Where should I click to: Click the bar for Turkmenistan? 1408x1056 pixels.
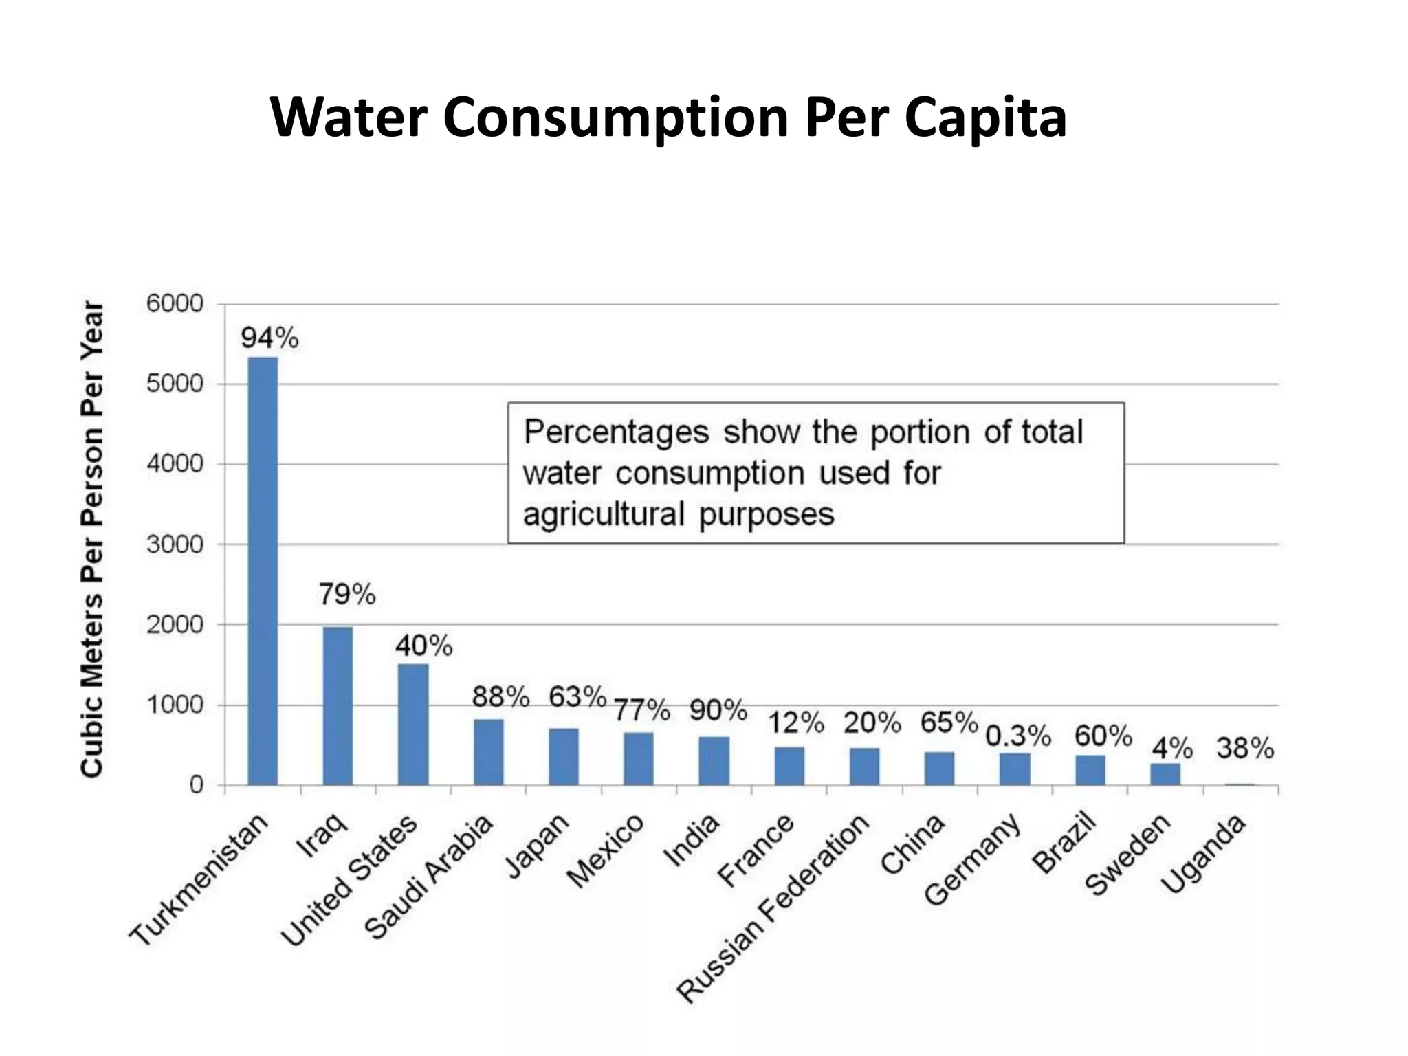[263, 571]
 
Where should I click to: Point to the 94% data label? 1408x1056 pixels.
[269, 338]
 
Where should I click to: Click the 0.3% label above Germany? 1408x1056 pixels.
[1018, 736]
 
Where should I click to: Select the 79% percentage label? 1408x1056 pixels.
[346, 595]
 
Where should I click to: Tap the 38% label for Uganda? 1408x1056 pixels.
[1245, 748]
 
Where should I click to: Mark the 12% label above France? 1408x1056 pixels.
[795, 723]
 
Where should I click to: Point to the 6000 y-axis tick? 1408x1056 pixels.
[175, 303]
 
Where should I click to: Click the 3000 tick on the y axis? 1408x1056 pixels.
[175, 544]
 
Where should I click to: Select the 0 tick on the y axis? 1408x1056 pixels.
[197, 785]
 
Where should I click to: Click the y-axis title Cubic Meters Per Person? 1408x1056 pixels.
[92, 540]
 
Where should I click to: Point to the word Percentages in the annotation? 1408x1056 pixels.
[616, 432]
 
